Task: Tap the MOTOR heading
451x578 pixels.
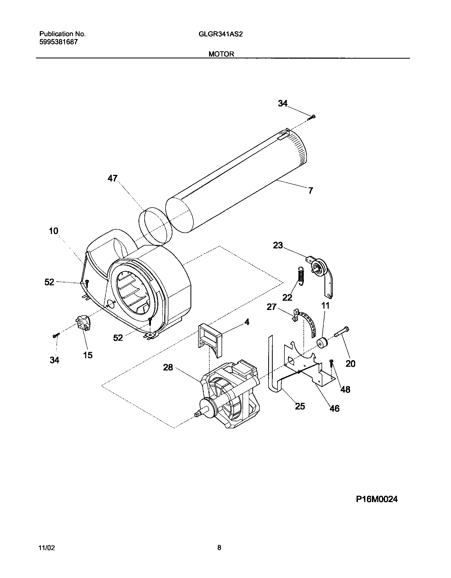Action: (x=221, y=54)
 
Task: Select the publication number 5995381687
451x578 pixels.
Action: (x=58, y=42)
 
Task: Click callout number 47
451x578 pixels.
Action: (x=112, y=178)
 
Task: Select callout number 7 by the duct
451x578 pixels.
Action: (x=311, y=191)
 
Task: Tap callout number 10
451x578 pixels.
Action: (x=53, y=231)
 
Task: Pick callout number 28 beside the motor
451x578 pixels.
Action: (x=168, y=368)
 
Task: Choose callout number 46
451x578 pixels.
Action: (x=334, y=408)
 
